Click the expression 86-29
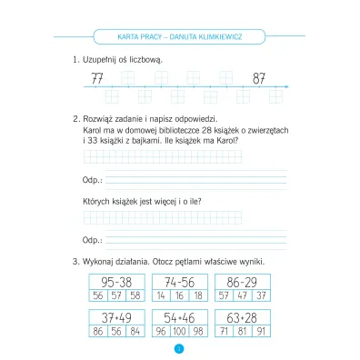click(240, 282)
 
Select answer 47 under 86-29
click(240, 296)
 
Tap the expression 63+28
click(240, 316)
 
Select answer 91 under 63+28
click(259, 332)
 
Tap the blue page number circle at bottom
click(180, 348)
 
